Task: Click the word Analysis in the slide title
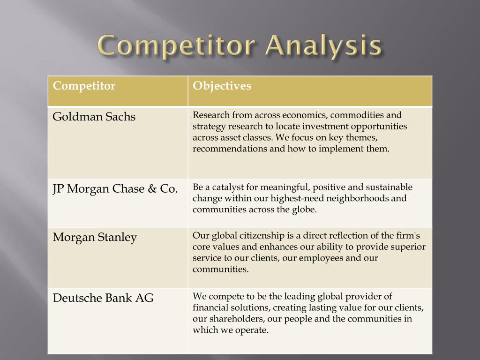coord(323,46)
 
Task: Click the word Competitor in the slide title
coord(176,45)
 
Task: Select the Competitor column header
coord(84,86)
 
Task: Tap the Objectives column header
coord(222,86)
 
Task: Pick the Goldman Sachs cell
coord(94,117)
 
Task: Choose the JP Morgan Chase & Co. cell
coord(115,189)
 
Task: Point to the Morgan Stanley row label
coord(95,238)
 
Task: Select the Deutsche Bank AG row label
coord(103,298)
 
